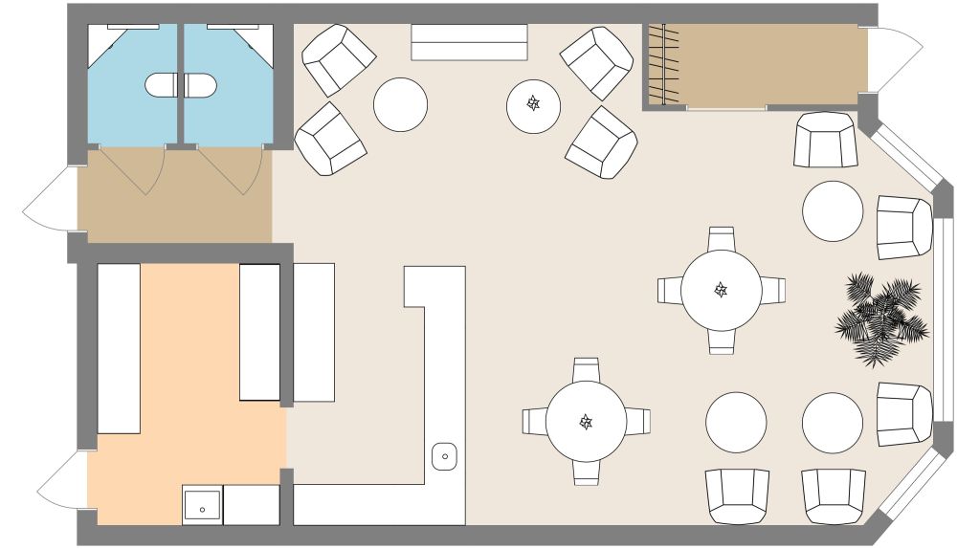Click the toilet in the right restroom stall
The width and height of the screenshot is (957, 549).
click(199, 85)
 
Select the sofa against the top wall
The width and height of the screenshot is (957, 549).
click(469, 42)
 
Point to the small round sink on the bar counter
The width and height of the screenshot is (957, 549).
click(445, 456)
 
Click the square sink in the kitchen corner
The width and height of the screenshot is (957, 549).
click(203, 505)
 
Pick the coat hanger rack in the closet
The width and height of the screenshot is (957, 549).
click(663, 65)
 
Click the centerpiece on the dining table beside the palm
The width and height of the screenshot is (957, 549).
click(722, 289)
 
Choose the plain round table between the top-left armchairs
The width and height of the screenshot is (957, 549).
click(400, 104)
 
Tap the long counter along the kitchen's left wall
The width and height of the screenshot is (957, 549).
click(120, 348)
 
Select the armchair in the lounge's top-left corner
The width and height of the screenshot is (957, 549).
click(337, 58)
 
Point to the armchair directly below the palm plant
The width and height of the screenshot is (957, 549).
click(903, 414)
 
